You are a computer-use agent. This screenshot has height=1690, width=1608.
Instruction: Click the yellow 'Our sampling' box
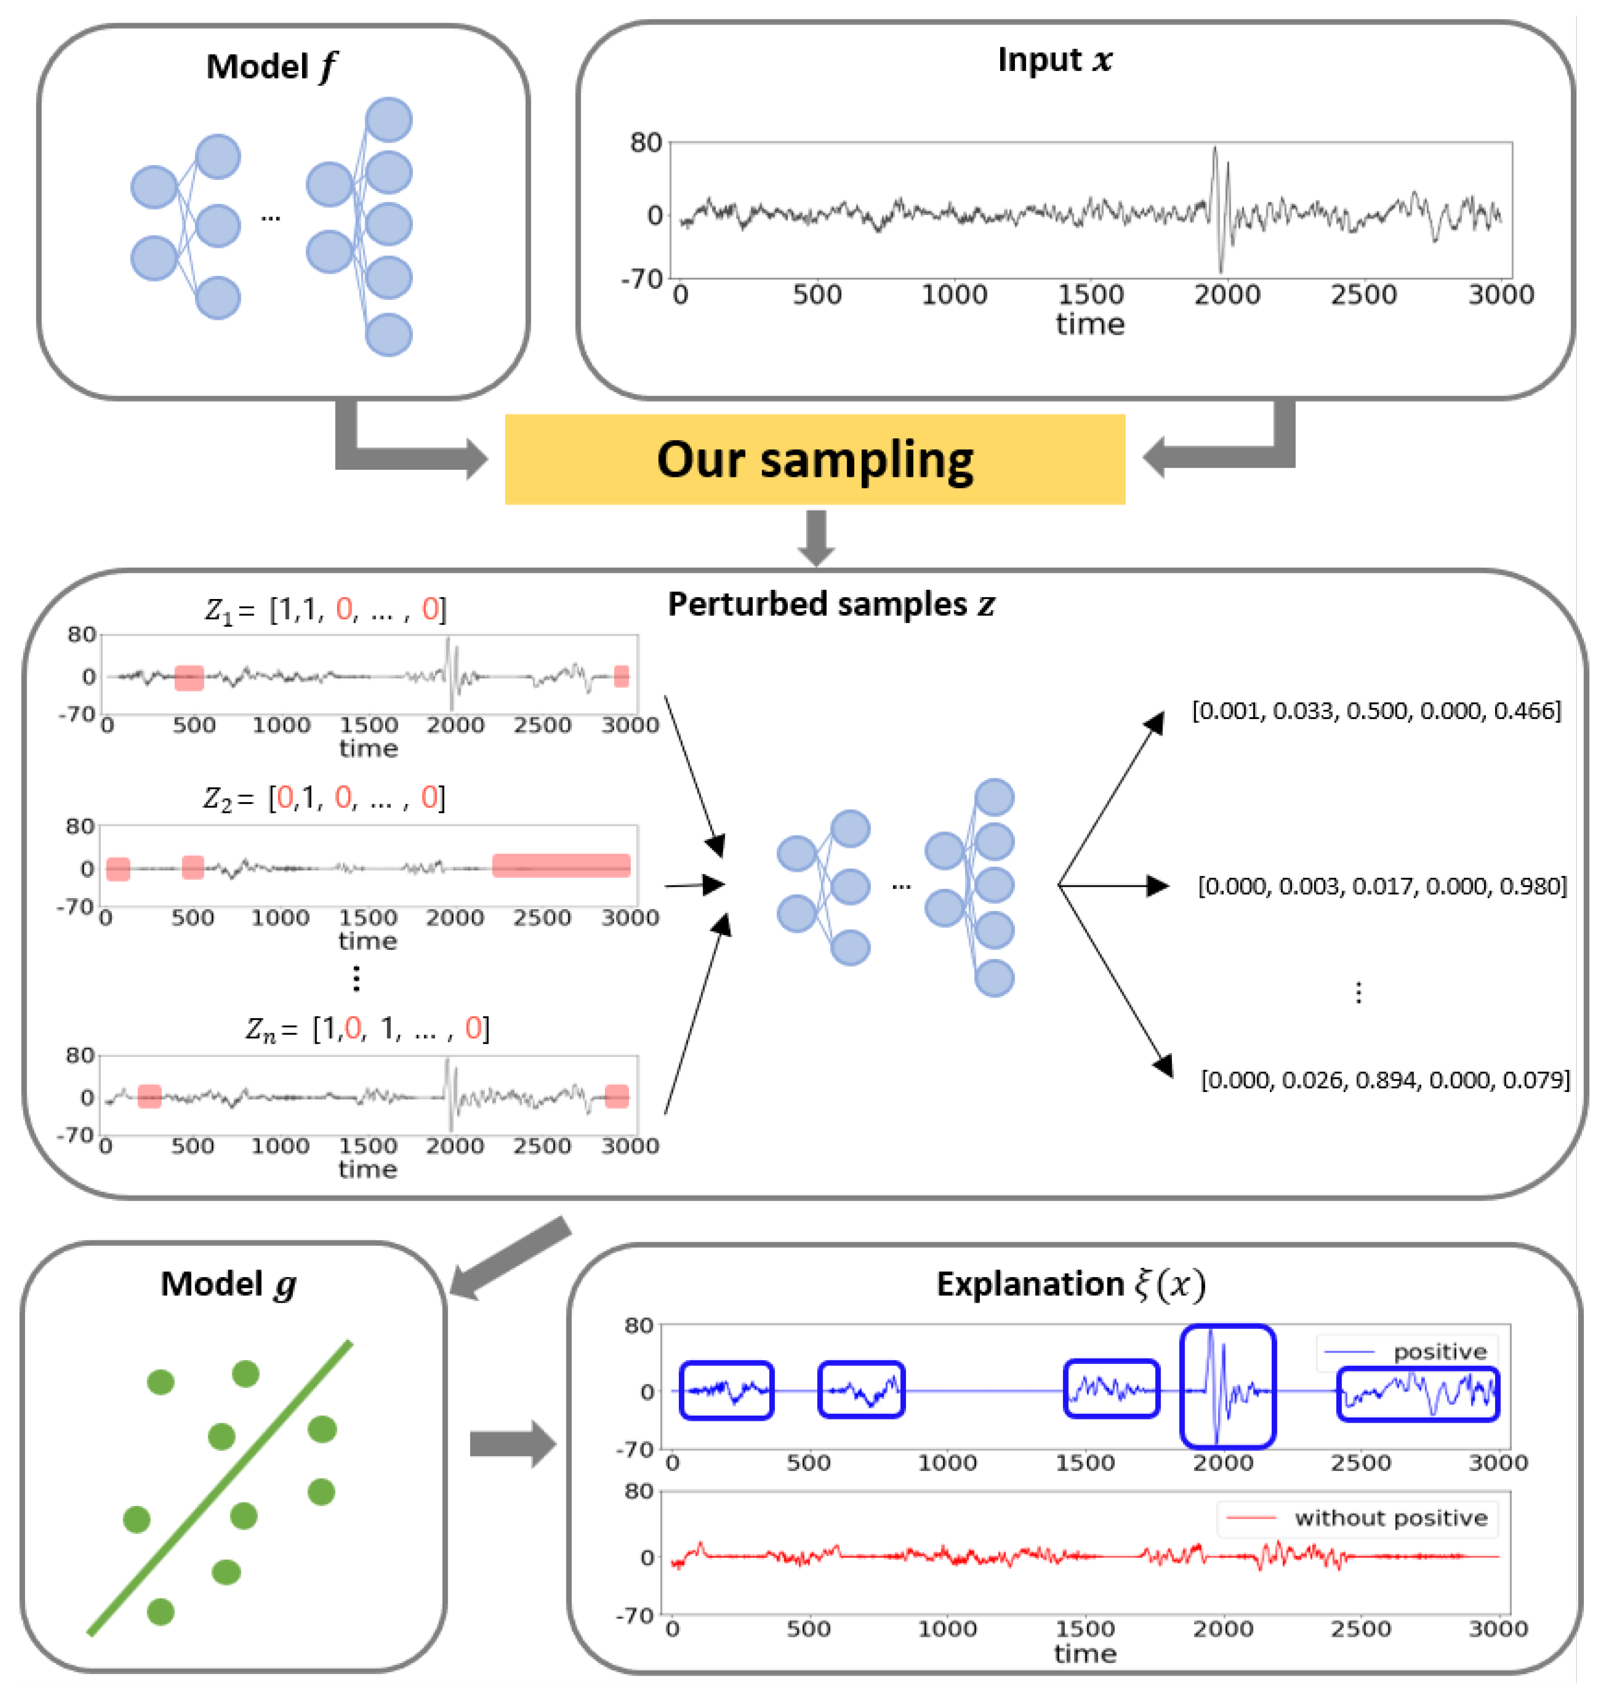(814, 459)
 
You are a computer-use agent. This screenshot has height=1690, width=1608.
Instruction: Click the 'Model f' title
(271, 67)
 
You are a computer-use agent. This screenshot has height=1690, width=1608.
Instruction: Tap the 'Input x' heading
(1054, 60)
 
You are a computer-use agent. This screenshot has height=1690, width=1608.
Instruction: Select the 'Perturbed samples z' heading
(831, 604)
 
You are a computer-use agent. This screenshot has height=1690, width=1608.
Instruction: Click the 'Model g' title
(228, 1284)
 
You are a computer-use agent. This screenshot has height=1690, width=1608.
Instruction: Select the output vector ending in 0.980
(1382, 886)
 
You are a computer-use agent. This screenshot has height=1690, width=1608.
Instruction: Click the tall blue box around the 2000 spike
(1227, 1387)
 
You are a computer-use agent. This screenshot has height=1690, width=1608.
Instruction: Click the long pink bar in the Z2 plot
(562, 866)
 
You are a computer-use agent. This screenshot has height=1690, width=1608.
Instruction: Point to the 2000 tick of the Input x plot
(1226, 295)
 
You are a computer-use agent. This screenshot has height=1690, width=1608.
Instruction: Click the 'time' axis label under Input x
(1089, 324)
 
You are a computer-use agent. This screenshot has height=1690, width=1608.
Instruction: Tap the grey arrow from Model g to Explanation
(512, 1444)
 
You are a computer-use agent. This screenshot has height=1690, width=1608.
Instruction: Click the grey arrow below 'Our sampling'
(816, 536)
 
